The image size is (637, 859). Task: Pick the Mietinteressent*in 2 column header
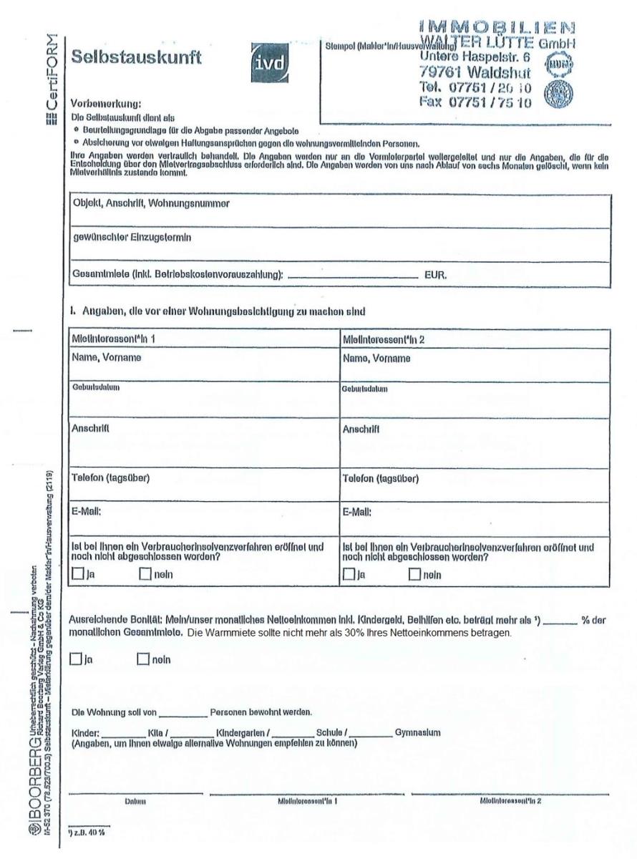pyautogui.click(x=383, y=339)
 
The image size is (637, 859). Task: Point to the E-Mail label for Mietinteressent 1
pyautogui.click(x=89, y=512)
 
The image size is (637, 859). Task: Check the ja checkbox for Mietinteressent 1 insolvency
pyautogui.click(x=78, y=574)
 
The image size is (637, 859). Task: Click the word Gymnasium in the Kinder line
pyautogui.click(x=418, y=732)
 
